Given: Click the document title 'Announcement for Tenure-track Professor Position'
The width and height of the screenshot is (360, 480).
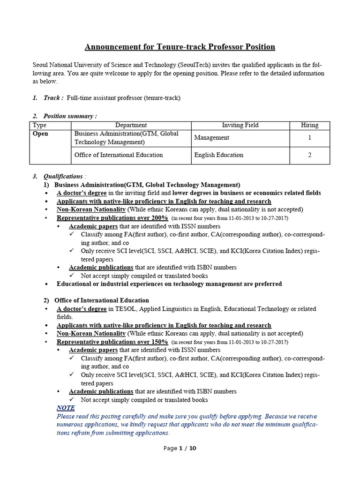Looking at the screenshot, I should click(x=180, y=47).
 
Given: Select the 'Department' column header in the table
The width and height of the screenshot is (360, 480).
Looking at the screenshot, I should click(x=131, y=125).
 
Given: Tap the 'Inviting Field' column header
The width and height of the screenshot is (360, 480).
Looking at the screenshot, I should click(x=240, y=125).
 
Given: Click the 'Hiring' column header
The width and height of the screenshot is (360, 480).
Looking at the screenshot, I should click(x=309, y=125).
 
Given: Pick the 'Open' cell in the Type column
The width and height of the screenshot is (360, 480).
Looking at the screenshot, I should click(x=40, y=134).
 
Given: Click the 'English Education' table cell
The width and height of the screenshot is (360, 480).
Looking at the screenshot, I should click(x=218, y=155).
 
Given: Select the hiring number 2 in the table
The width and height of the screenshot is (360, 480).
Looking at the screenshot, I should click(x=309, y=155).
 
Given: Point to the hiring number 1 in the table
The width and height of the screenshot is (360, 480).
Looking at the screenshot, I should click(x=309, y=138).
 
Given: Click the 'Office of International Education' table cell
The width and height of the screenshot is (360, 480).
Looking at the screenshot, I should click(x=119, y=155).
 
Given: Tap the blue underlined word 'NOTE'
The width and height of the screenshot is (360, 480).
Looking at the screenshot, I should click(x=66, y=408).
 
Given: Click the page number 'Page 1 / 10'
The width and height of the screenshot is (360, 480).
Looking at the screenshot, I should click(x=180, y=448).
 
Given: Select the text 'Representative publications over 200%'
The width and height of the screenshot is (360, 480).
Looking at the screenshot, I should click(x=112, y=218).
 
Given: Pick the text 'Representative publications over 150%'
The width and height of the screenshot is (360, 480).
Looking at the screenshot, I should click(x=112, y=342).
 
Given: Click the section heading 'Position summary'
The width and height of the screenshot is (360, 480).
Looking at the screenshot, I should click(x=70, y=116).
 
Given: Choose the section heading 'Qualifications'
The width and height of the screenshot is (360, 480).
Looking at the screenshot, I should click(x=63, y=176).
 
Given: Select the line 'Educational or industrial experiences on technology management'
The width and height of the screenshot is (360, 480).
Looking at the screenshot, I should click(x=169, y=284).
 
